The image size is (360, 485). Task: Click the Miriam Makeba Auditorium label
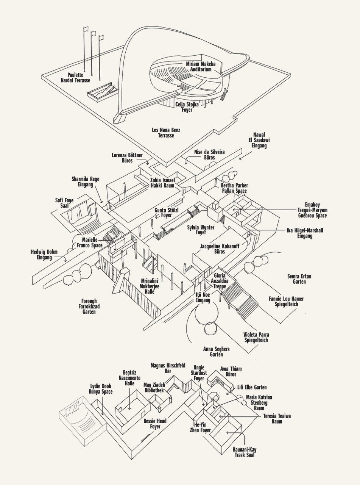pos(201,67)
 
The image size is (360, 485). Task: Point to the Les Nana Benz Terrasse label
pos(166,132)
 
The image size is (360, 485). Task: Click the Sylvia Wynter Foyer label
pos(201,230)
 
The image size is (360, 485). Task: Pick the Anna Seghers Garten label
pos(217,351)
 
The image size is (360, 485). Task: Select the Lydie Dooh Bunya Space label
pos(101,389)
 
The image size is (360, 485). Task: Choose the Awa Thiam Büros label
pos(231,371)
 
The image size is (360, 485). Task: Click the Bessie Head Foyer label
pos(155,424)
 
